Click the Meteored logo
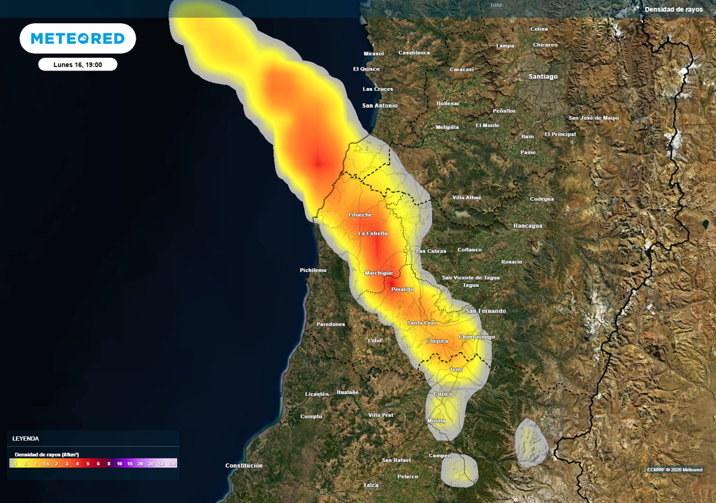coord(78,38)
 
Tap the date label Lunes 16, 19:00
coord(78,64)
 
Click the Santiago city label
coord(543,76)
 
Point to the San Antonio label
coord(380,105)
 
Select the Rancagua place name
coord(528,226)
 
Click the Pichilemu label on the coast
coord(313,270)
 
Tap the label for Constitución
coord(244,465)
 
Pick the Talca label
coord(371,485)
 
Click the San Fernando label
coord(486,311)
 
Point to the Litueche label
coord(360,214)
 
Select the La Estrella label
coord(373,233)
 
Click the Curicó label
coord(443,394)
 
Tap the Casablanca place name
coord(414,52)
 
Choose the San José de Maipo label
coord(594,118)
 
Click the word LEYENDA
coord(26,439)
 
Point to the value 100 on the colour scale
coord(171,464)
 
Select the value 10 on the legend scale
coord(120,464)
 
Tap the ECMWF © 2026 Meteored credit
coord(675,469)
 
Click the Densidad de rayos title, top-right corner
coord(673,9)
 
